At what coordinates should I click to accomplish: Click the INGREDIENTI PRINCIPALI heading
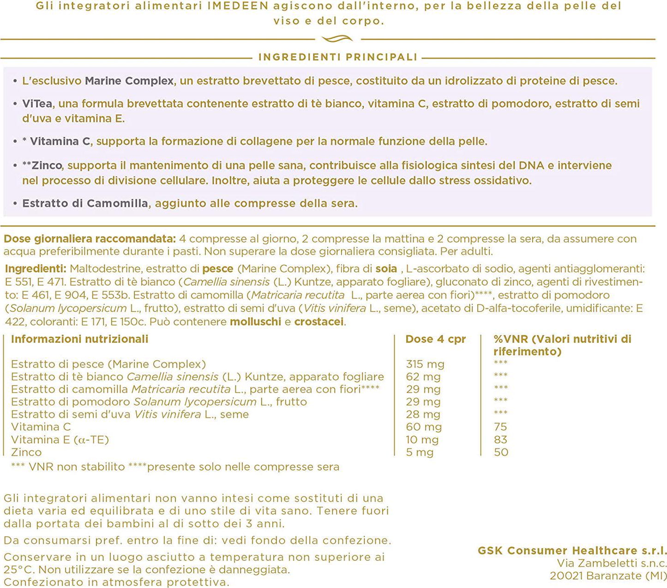[337, 57]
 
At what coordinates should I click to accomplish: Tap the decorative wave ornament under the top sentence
[337, 39]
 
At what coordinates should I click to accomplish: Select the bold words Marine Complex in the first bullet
[129, 81]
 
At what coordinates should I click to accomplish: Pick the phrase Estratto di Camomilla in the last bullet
[85, 203]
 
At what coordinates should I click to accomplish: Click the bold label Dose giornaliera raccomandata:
[90, 239]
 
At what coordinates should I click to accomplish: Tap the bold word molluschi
[255, 321]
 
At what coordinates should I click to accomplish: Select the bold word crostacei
[319, 321]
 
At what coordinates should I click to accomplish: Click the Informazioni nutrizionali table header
[79, 339]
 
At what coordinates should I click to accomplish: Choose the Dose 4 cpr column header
[435, 339]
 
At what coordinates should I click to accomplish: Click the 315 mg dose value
[425, 364]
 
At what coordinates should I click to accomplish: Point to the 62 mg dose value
[423, 377]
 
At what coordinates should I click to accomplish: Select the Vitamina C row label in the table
[41, 427]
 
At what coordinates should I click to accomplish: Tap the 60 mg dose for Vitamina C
[424, 427]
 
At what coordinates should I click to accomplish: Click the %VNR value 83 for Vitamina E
[500, 440]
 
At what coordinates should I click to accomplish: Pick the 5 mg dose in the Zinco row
[420, 452]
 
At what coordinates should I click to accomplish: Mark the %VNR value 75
[500, 427]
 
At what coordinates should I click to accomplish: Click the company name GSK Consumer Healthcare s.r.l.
[572, 551]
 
